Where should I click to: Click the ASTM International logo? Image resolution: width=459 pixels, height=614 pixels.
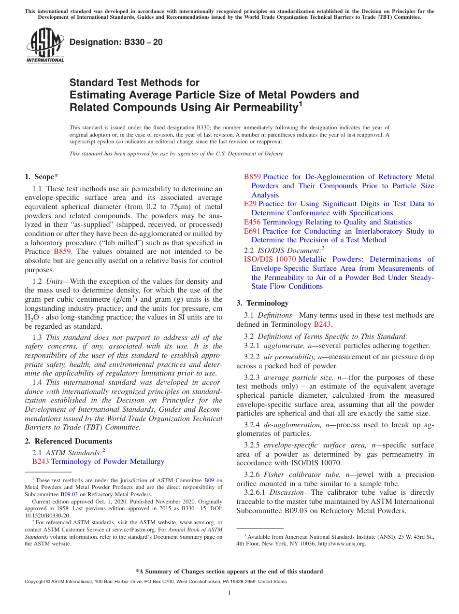tap(45, 46)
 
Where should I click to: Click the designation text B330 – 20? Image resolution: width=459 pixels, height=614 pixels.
tap(116, 42)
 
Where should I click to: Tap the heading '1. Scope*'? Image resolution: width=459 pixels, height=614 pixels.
tap(41, 177)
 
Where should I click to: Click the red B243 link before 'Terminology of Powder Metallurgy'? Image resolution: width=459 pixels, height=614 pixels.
tap(41, 461)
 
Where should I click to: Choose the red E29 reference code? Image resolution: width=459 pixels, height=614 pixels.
tap(250, 204)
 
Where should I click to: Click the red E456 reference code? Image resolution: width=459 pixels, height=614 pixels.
tap(252, 222)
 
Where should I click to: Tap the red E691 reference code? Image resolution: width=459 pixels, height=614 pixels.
tap(252, 231)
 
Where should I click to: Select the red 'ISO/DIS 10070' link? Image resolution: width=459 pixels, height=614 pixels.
tap(270, 259)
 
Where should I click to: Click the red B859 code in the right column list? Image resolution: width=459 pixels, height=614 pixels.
tap(252, 177)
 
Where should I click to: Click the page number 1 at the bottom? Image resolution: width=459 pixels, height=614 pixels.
tap(229, 593)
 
